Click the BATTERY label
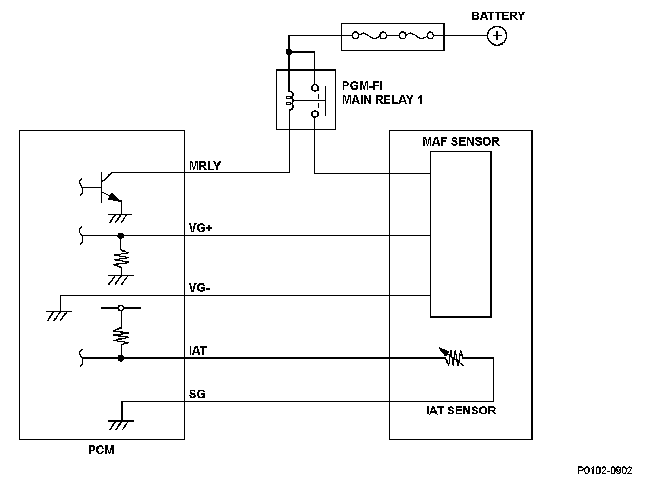498,16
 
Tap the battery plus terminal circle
497,36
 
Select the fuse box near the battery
393,36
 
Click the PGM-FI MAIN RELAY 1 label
382,93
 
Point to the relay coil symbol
290,100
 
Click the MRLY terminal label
205,167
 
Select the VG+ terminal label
200,228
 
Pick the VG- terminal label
199,288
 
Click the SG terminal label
197,394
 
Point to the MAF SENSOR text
461,142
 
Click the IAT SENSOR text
461,410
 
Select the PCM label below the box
102,450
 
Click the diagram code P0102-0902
605,471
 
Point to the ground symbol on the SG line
121,423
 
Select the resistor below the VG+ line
121,257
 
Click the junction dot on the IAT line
121,358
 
